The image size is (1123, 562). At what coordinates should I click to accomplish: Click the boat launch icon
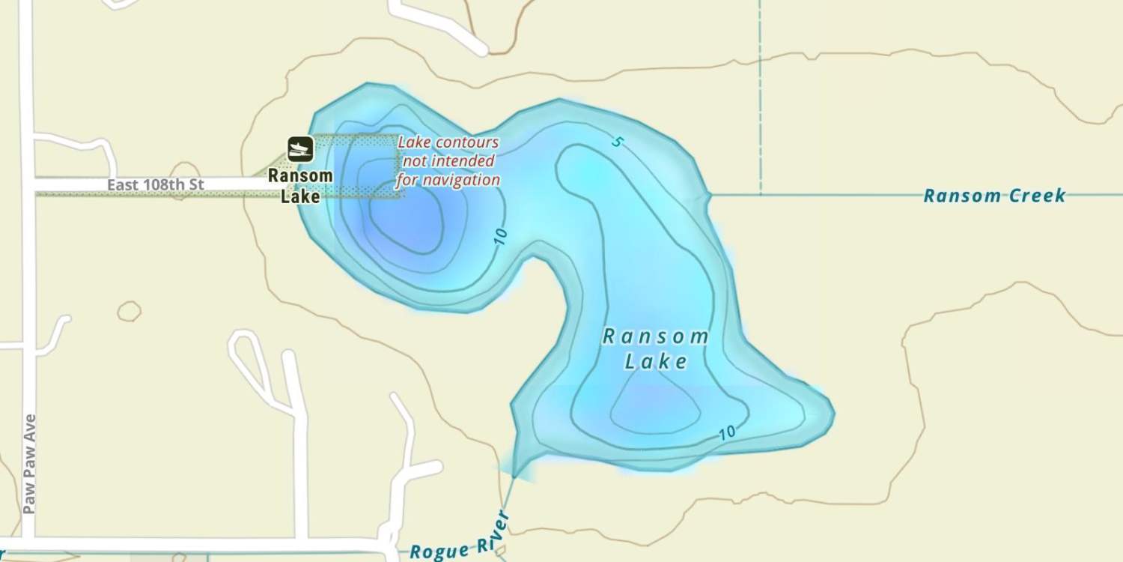[x=300, y=148]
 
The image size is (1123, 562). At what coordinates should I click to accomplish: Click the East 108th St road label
[x=155, y=184]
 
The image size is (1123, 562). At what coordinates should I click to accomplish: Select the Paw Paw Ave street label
[x=30, y=464]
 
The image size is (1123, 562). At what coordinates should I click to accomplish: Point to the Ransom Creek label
[x=993, y=196]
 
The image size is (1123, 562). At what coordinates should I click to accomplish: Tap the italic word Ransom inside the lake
[x=656, y=336]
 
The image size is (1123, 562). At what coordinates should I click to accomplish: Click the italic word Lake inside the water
[x=656, y=362]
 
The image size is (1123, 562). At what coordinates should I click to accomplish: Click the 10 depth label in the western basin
[x=500, y=237]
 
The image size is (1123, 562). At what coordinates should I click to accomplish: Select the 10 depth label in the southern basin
[x=726, y=432]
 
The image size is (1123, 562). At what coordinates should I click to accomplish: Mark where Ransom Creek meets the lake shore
[x=709, y=195]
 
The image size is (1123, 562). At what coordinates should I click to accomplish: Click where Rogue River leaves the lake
[x=516, y=474]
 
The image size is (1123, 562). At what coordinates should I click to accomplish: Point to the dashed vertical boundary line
[x=761, y=97]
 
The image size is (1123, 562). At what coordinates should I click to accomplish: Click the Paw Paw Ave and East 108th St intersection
[x=28, y=184]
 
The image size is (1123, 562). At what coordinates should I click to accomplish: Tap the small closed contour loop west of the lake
[x=129, y=311]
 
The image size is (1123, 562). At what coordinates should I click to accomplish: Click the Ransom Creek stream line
[x=824, y=195]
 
